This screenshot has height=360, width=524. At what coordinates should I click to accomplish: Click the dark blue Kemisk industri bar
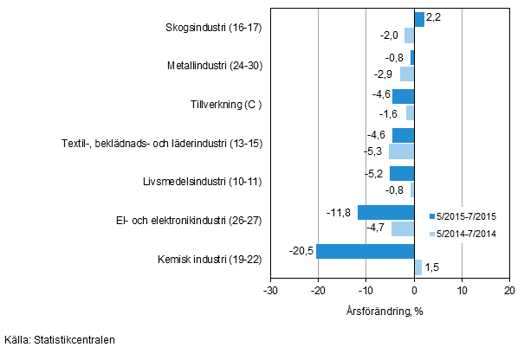coord(366,251)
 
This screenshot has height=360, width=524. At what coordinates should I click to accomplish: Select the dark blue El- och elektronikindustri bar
coord(386,212)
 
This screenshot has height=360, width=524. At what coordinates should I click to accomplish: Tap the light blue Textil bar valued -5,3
coord(402,151)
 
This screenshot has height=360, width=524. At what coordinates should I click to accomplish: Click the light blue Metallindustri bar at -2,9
coord(407,74)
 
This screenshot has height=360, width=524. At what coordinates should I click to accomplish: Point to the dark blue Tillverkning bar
coord(404,96)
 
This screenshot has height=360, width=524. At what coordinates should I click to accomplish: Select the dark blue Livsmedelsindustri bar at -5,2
coord(402,173)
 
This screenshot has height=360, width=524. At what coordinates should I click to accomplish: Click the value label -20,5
coord(301,251)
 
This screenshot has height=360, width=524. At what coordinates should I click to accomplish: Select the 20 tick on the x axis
coord(509,292)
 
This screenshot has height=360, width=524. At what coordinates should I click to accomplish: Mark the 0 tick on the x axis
coord(414,292)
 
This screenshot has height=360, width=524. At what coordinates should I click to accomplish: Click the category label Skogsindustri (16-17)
coord(213,27)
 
